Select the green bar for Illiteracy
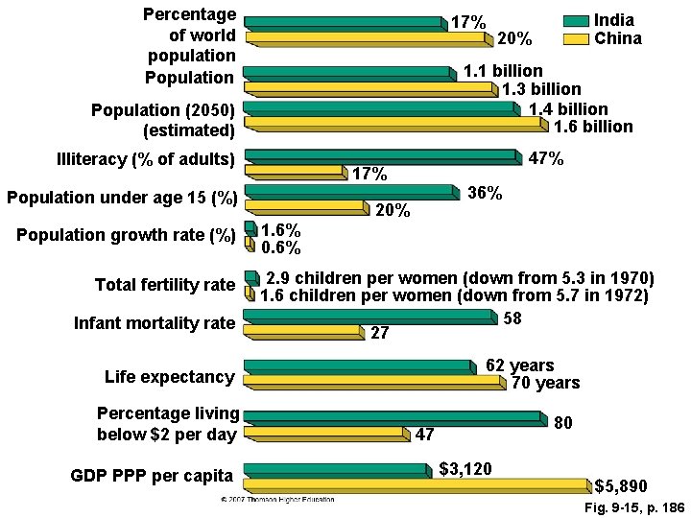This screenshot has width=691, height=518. [382, 154]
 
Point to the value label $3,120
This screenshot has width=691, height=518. [465, 469]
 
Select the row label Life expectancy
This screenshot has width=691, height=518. [169, 377]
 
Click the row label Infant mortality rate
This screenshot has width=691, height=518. [155, 323]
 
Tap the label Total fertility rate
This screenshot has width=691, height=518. [164, 285]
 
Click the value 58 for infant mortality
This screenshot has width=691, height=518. [512, 318]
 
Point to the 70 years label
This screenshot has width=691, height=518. [545, 384]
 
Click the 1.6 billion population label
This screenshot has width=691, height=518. [591, 127]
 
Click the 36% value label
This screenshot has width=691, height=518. [484, 193]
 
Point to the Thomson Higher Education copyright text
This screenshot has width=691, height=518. [278, 501]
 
